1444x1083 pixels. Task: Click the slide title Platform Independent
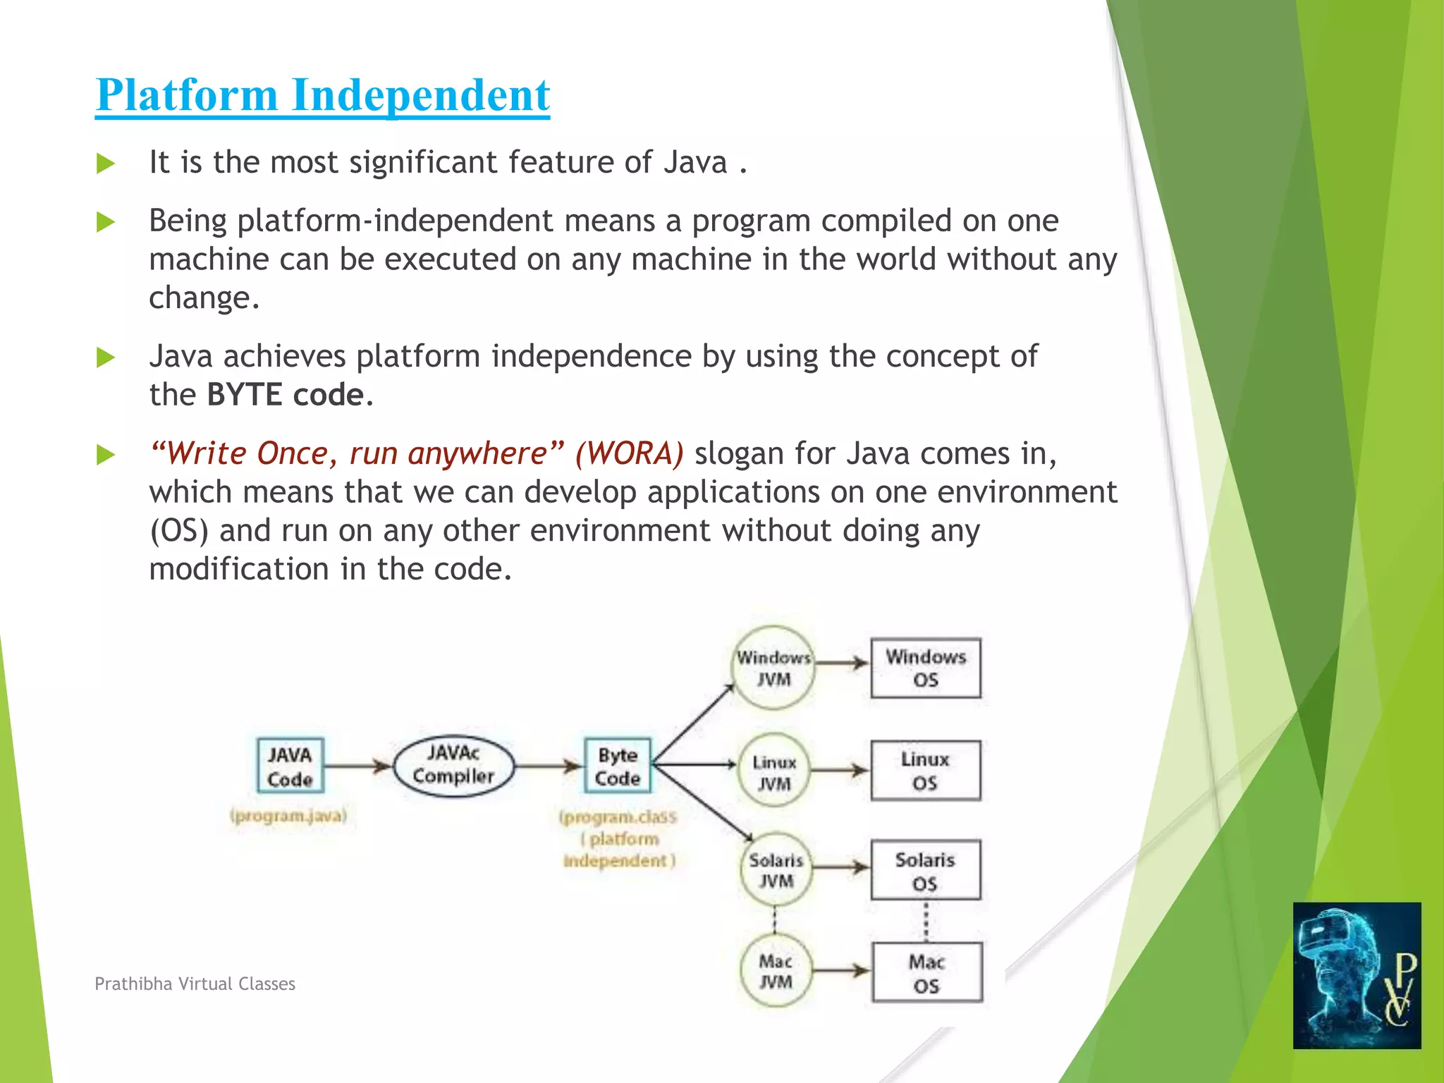point(322,95)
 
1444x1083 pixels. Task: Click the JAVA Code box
point(290,766)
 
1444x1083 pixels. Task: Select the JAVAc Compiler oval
point(453,766)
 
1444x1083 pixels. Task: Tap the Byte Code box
point(618,766)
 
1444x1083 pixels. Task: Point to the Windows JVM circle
point(773,668)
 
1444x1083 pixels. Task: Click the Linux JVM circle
point(774,772)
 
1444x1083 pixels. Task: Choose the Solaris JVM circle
point(776,870)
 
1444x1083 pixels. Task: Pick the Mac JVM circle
point(776,971)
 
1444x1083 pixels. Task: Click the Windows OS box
point(926,668)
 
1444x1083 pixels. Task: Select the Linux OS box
point(925,771)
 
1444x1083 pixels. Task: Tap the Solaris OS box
point(925,870)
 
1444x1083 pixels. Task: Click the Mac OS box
point(926,972)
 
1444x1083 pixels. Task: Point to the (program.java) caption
point(288,816)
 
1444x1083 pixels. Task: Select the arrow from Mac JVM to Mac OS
point(840,971)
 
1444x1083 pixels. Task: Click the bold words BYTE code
point(285,395)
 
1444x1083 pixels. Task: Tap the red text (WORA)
point(629,453)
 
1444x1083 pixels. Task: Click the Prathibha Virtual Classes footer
point(195,984)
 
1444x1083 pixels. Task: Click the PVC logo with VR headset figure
point(1357,975)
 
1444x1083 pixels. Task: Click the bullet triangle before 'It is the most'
point(106,164)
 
